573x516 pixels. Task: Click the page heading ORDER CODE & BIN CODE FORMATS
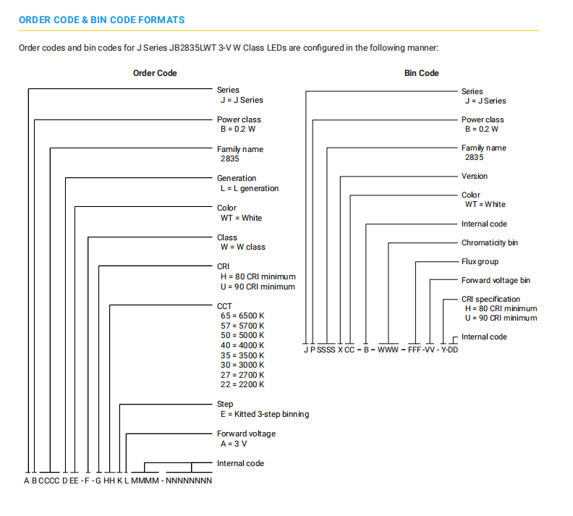coord(101,20)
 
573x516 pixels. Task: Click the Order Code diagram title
coord(155,73)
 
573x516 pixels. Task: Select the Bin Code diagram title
coord(421,73)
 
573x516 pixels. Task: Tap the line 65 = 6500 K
coord(242,316)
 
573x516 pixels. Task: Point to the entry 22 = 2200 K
coord(242,384)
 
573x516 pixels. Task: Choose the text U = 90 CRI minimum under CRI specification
coord(501,318)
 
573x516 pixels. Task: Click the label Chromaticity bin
coord(490,242)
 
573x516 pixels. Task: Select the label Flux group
coord(480,262)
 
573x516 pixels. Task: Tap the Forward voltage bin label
coord(496,280)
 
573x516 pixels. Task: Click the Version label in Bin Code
coord(475,176)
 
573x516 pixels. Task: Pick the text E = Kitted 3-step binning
coord(265,414)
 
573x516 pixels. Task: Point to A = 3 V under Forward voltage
coord(234,444)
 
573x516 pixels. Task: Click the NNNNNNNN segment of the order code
coord(189,481)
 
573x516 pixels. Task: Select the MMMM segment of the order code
coord(145,481)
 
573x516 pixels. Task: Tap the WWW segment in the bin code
coord(388,350)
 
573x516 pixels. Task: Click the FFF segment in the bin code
coord(415,350)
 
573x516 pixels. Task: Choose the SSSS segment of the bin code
coord(326,350)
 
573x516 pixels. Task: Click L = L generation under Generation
coord(249,188)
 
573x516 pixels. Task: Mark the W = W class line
coord(242,247)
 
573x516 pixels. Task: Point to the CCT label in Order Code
coord(224,306)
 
